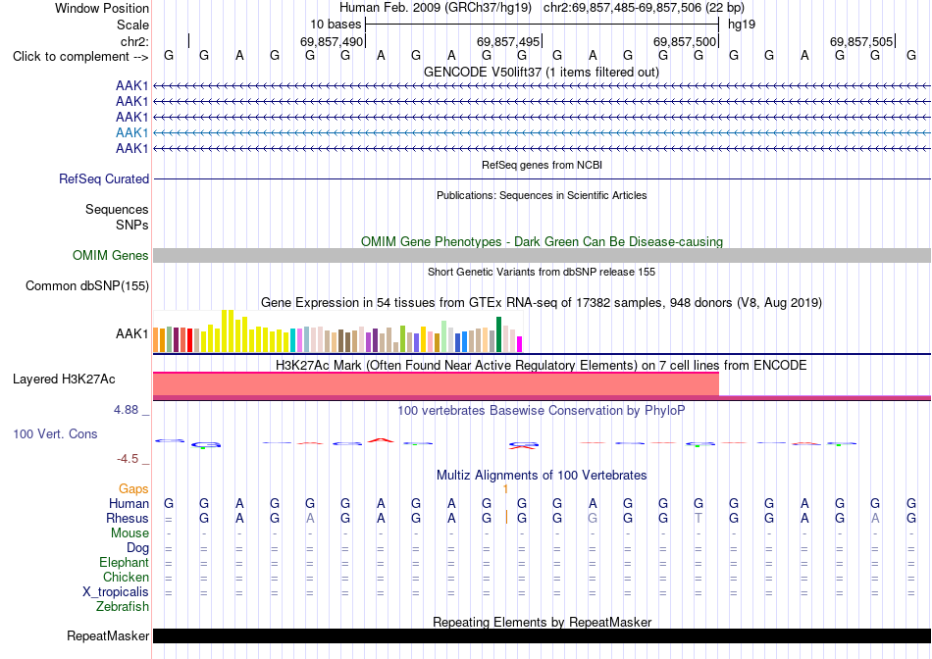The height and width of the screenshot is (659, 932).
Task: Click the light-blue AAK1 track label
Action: pos(132,132)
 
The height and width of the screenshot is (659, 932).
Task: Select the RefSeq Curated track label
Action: pos(104,178)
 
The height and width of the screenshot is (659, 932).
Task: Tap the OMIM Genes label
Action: pos(111,256)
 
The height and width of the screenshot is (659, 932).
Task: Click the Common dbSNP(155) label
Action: pos(87,285)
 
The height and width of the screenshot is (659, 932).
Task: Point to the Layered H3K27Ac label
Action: pos(64,380)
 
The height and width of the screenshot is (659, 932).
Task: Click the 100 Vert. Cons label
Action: pos(55,433)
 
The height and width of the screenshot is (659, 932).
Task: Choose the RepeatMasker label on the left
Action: pos(108,635)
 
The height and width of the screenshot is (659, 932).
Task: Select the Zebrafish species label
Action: pos(123,607)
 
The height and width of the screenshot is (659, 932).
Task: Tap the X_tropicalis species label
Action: pos(116,592)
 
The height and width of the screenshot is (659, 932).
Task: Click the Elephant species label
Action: pos(124,562)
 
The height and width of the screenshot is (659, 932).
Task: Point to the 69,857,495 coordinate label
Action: pos(508,41)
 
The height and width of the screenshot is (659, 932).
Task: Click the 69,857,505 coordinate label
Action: pos(861,41)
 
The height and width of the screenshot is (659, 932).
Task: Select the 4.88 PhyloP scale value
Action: pos(126,410)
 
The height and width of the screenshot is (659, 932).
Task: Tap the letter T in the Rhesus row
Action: pos(699,518)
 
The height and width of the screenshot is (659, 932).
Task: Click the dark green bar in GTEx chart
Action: pos(499,334)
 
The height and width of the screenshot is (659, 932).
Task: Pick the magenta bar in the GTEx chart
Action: pos(520,344)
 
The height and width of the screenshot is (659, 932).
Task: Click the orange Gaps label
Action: pos(133,488)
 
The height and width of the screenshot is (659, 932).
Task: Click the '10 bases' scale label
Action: pos(336,25)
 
